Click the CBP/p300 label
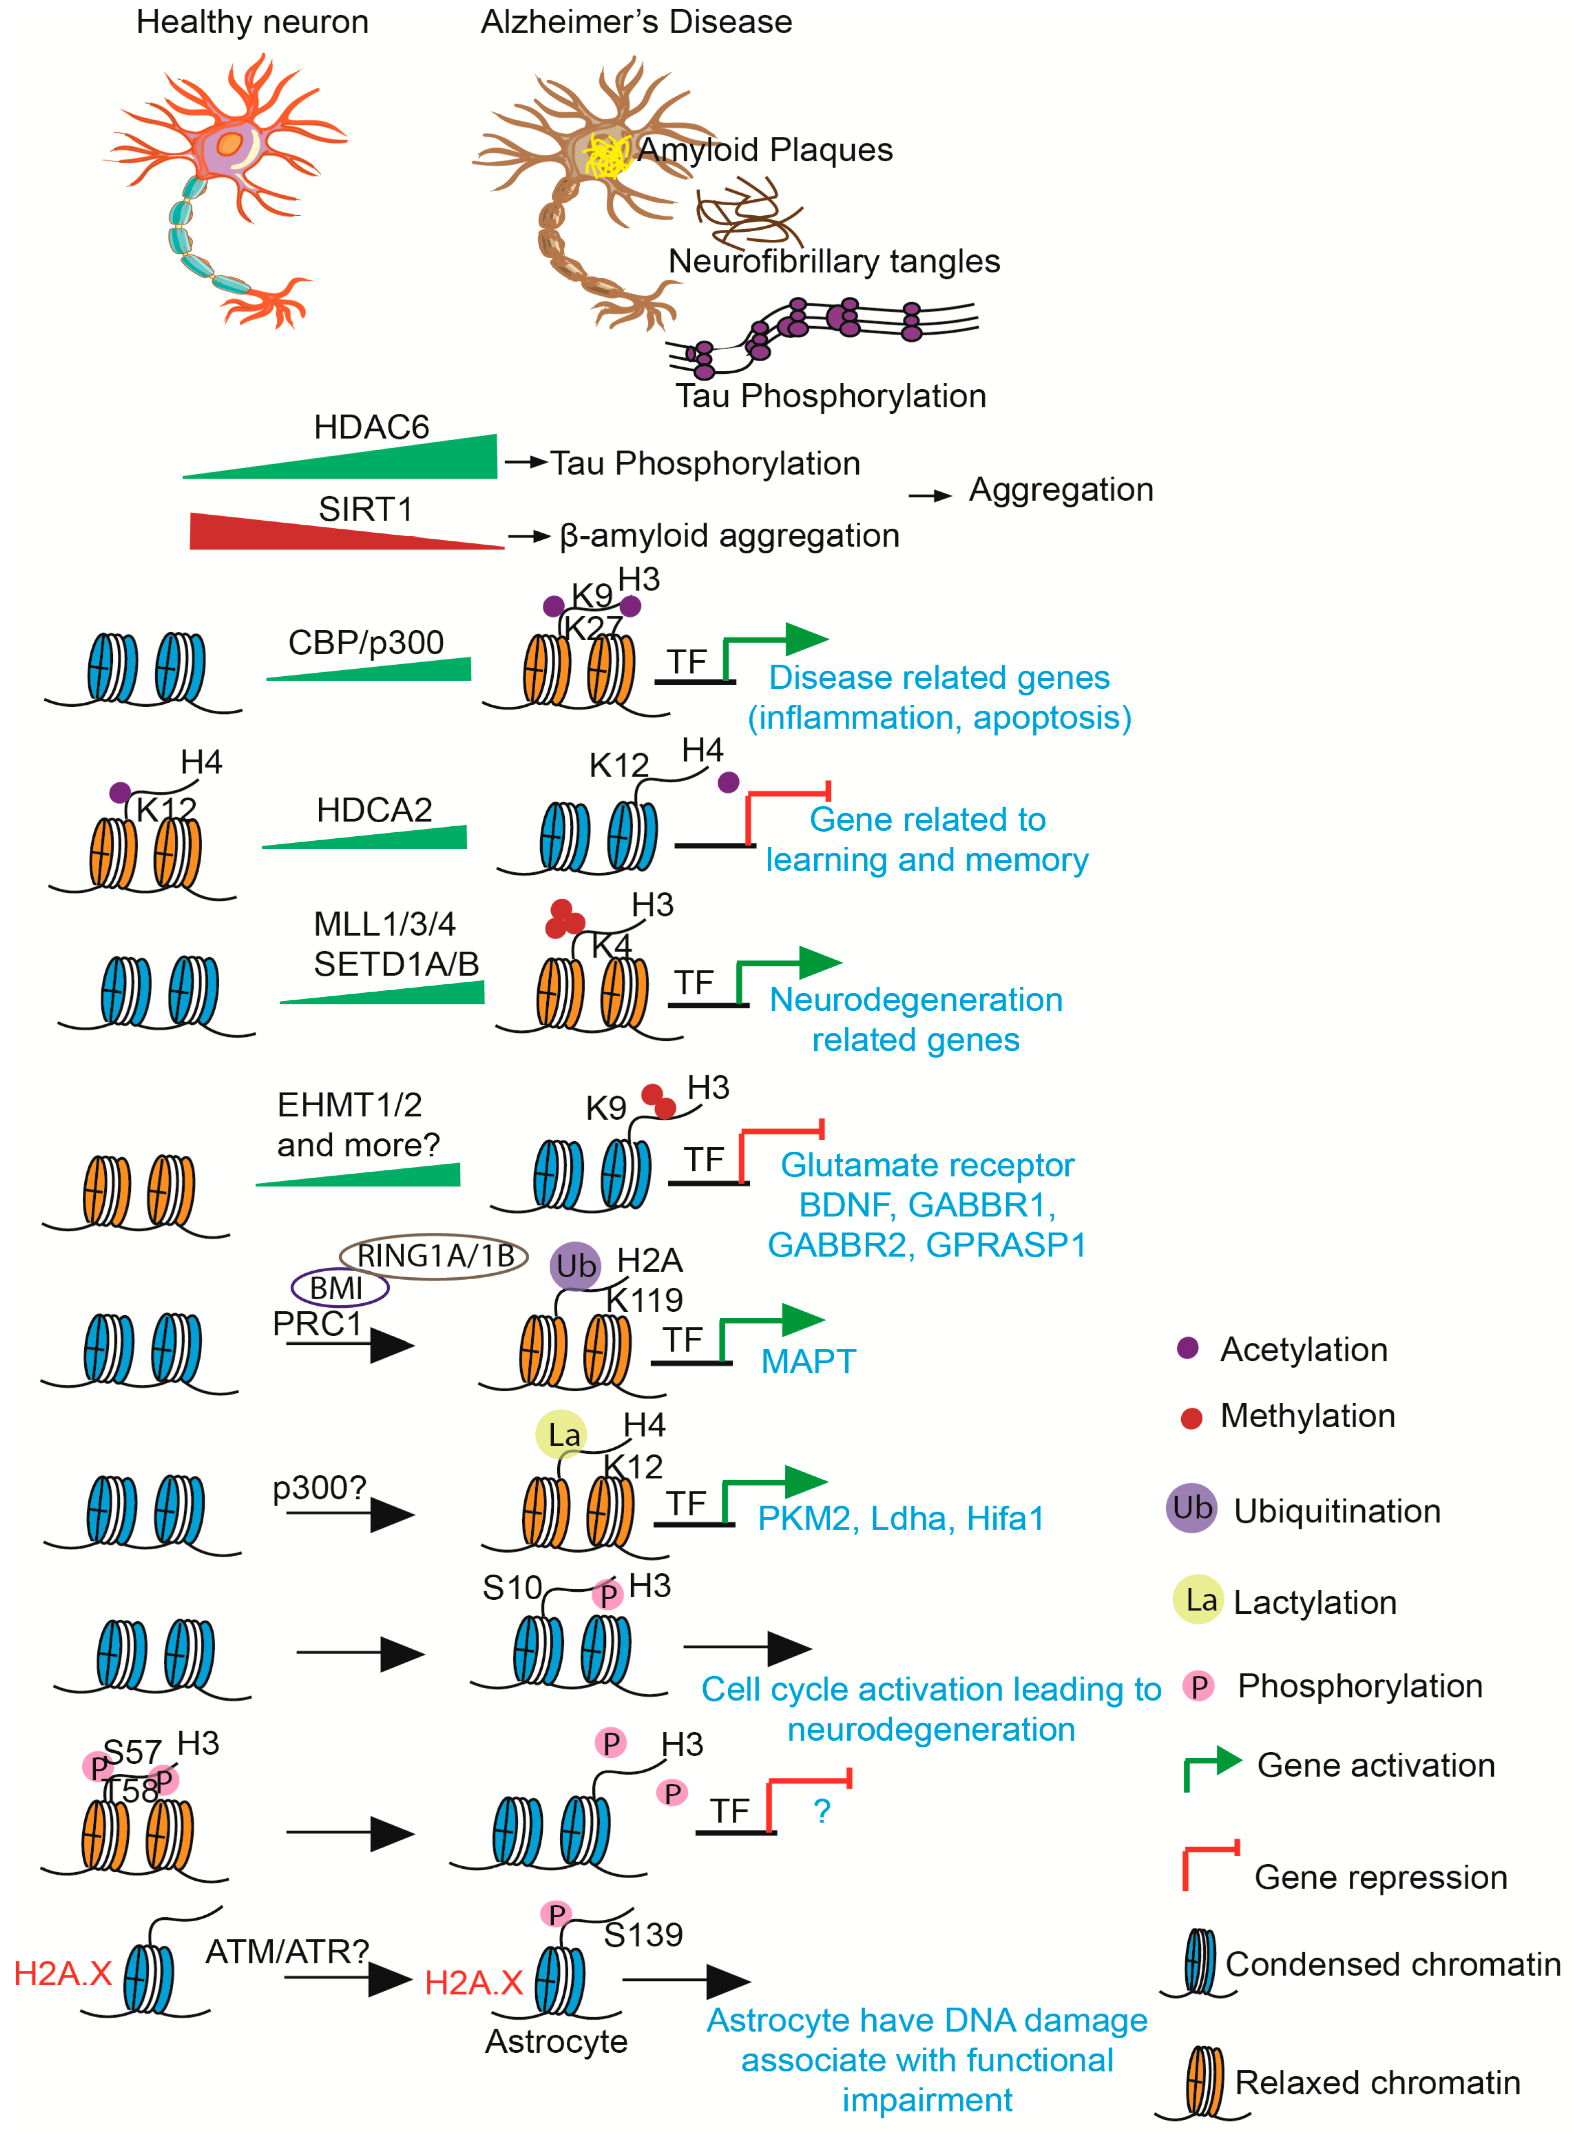pos(366,643)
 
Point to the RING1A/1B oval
pos(434,1256)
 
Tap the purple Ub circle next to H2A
pos(575,1267)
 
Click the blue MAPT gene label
pos(809,1361)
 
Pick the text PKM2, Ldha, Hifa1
pos(900,1518)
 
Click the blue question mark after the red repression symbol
pos(822,1811)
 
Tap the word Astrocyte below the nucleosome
pos(556,2041)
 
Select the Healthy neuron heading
pos(252,22)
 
